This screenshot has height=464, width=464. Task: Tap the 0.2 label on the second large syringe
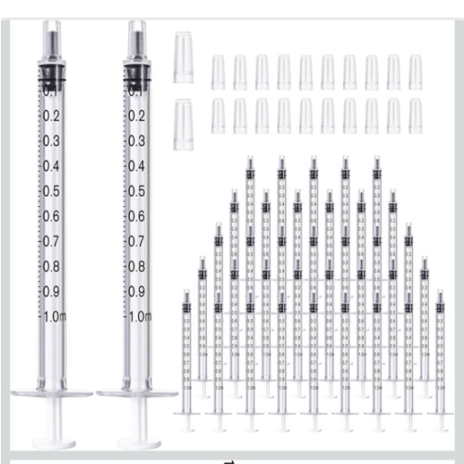(137, 116)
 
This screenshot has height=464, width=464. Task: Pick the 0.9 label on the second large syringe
(137, 291)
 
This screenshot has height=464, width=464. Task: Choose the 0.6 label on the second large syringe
(137, 216)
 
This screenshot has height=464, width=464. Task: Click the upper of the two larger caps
(183, 57)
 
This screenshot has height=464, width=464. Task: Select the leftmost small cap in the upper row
(218, 71)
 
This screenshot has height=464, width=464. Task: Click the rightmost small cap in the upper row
(415, 71)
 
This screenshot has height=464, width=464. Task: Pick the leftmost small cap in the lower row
(218, 116)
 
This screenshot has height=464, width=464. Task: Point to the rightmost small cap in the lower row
(415, 116)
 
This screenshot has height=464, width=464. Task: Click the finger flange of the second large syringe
(137, 393)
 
